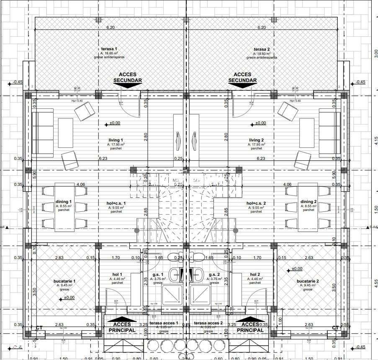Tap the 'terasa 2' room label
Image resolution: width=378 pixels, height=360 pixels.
tap(262, 49)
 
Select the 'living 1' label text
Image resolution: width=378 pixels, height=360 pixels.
tap(116, 140)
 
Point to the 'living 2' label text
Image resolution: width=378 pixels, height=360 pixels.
tap(256, 140)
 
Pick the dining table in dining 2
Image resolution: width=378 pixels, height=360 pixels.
tap(309, 208)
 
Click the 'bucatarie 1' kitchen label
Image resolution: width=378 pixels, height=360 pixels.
tap(64, 281)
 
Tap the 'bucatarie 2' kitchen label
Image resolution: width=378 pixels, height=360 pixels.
tap(308, 281)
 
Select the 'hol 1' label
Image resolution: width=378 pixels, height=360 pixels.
tap(116, 275)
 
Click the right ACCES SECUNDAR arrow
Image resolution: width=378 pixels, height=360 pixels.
tap(242, 85)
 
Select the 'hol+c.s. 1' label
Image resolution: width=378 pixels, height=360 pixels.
tap(116, 203)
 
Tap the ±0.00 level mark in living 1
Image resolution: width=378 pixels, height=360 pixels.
tap(115, 123)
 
